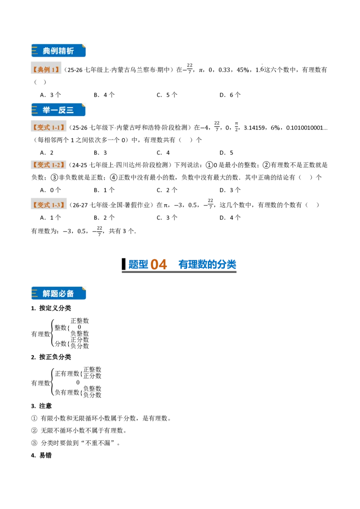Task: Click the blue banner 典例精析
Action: [x=58, y=51]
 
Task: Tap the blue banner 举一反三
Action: [x=58, y=110]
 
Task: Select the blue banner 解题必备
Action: [x=58, y=294]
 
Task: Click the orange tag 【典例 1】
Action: [x=46, y=69]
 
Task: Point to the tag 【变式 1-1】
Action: [x=49, y=128]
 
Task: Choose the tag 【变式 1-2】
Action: [x=49, y=165]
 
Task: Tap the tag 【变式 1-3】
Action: [x=49, y=205]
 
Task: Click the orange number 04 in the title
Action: [x=159, y=264]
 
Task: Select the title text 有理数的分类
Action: [x=207, y=264]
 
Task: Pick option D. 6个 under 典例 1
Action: [x=230, y=95]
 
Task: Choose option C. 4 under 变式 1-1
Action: [x=163, y=152]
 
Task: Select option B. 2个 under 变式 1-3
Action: [x=104, y=218]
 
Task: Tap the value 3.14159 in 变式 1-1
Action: [x=254, y=128]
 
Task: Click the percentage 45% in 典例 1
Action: [x=243, y=70]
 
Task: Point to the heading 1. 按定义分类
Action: [x=51, y=308]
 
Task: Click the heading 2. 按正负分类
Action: [x=51, y=357]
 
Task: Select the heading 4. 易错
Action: [x=41, y=455]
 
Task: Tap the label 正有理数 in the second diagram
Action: [x=67, y=374]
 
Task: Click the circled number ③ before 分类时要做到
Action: [x=35, y=443]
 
